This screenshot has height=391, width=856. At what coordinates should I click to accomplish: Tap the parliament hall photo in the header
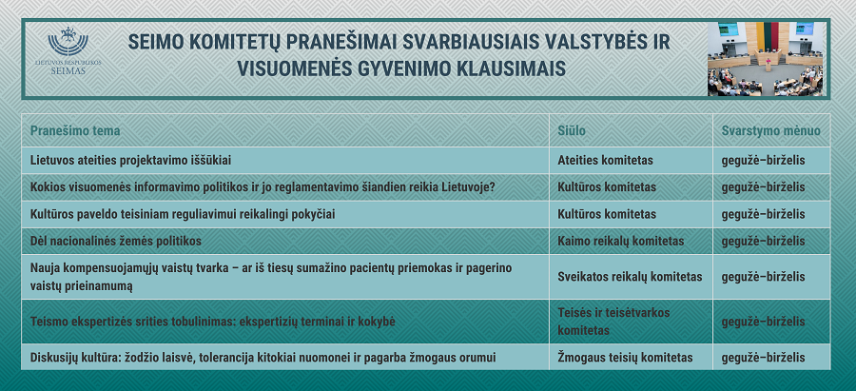(767, 59)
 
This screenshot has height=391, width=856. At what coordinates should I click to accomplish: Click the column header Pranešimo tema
(75, 131)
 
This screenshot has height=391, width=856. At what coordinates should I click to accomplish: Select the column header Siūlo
(572, 131)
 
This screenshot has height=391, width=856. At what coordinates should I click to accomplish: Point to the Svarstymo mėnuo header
(770, 131)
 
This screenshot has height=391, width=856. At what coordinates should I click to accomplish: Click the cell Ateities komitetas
(606, 161)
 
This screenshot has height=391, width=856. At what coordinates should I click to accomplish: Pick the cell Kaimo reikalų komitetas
(621, 242)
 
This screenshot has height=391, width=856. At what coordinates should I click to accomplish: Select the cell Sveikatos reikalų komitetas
(630, 277)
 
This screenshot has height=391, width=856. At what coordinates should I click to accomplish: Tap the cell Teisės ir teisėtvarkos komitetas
(613, 322)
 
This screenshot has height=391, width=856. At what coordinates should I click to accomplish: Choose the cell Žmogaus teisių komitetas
(625, 358)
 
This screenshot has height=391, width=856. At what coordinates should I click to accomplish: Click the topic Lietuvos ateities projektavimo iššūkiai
(131, 161)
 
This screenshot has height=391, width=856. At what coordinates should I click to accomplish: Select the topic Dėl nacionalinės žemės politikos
(116, 242)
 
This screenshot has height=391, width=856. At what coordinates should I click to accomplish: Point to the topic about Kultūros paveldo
(183, 214)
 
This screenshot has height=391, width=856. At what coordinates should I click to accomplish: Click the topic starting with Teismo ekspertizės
(213, 322)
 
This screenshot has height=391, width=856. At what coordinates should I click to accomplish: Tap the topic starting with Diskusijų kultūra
(263, 358)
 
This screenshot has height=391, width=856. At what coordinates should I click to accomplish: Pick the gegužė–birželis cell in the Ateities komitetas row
(763, 161)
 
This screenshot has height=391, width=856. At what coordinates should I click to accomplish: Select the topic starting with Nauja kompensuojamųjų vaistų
(271, 277)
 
